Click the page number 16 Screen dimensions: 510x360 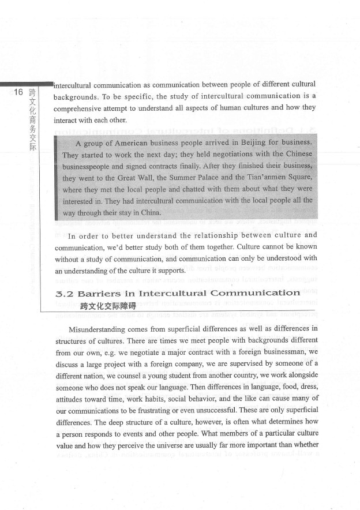[17, 92]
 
